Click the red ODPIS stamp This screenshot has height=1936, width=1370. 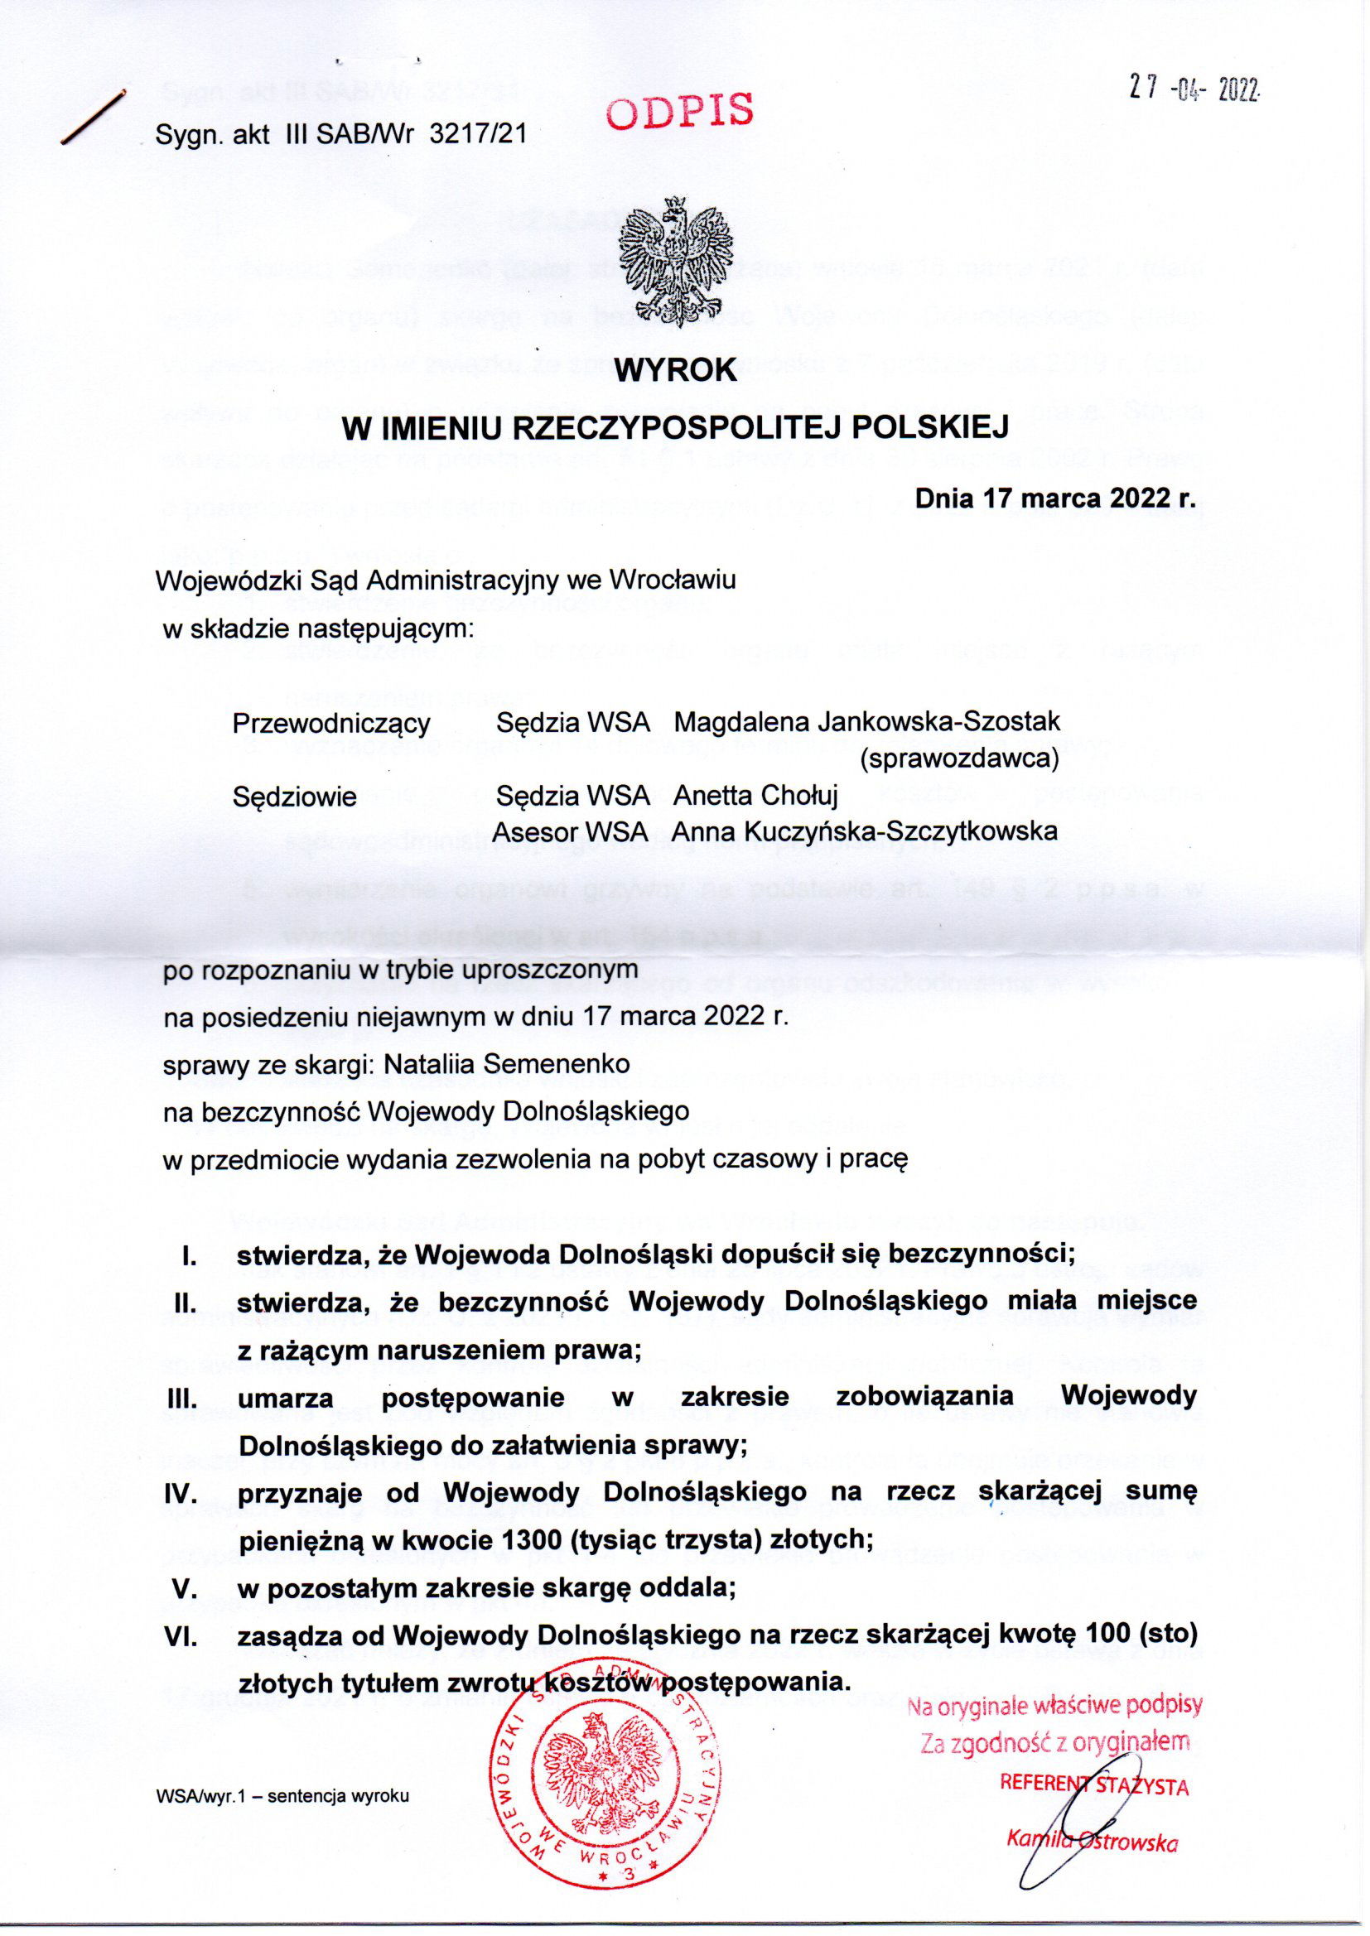680,111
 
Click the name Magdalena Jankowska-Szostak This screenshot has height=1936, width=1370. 866,722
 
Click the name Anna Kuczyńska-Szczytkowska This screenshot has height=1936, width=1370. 864,831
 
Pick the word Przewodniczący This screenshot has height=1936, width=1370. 331,723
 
